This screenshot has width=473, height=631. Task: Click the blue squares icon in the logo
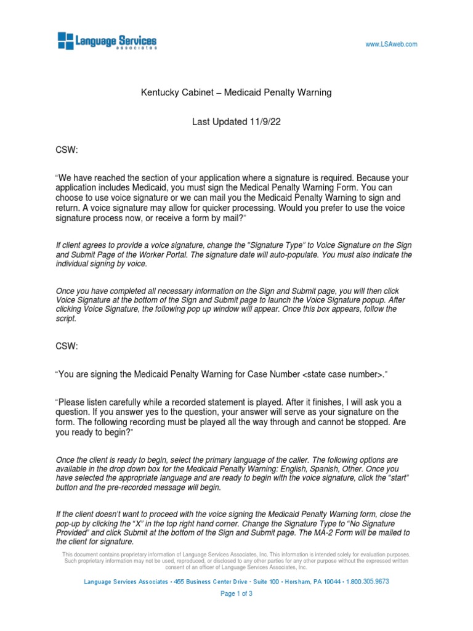tap(65, 41)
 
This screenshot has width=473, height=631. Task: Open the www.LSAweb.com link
tap(392, 44)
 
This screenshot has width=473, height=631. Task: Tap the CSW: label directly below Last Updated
tap(67, 150)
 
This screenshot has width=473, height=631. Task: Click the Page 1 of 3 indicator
tap(236, 594)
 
